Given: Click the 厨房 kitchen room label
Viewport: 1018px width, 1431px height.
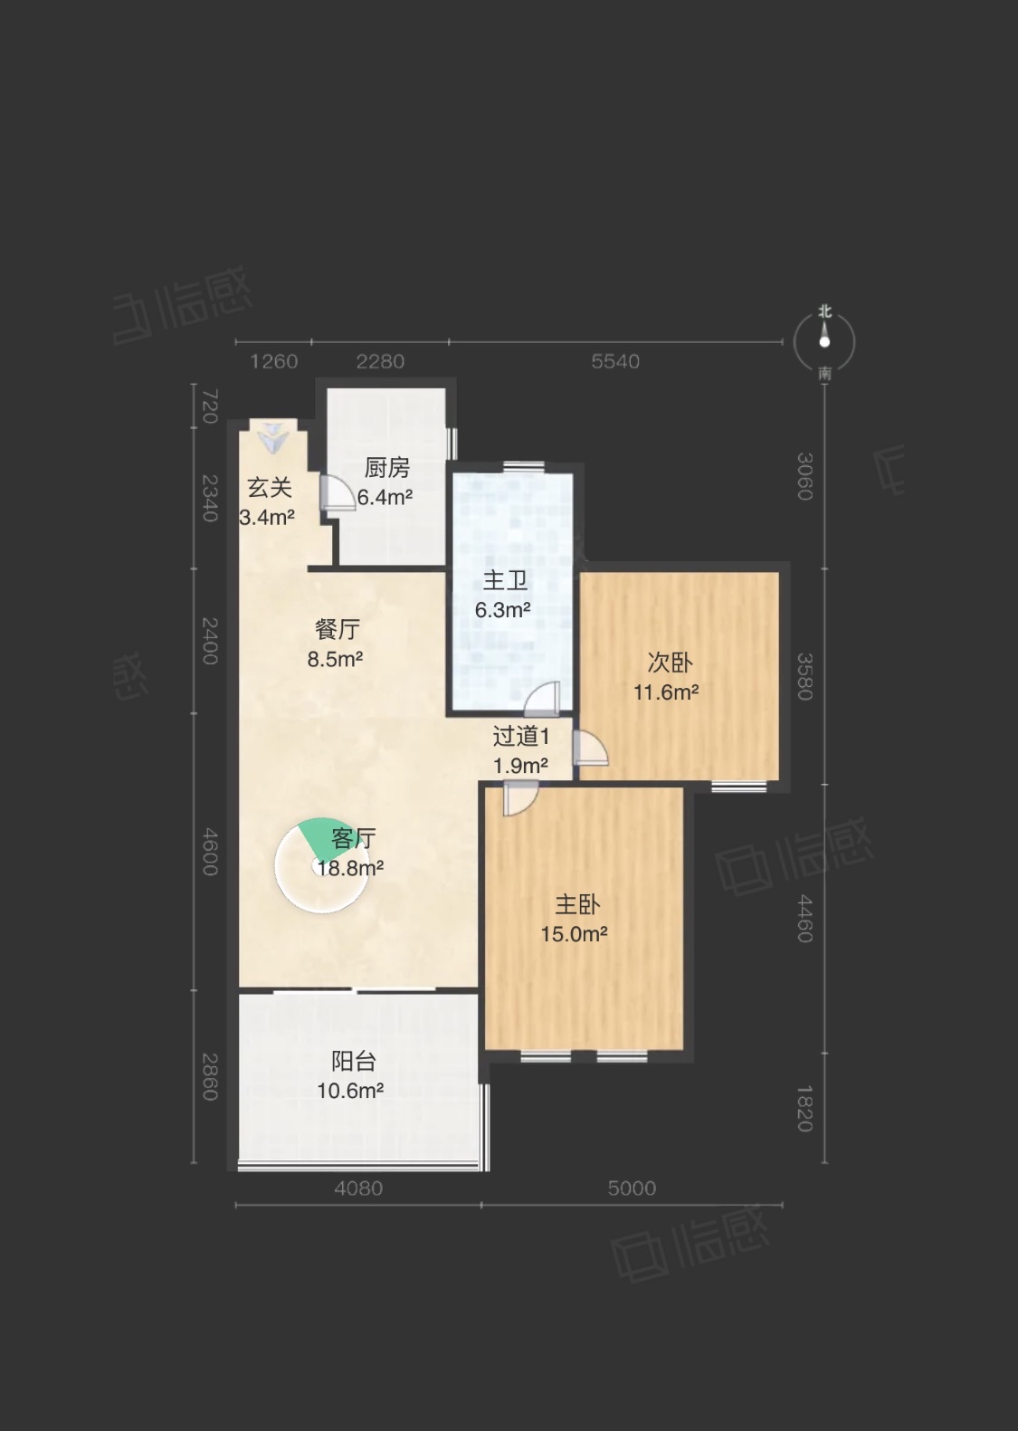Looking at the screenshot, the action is pyautogui.click(x=386, y=468).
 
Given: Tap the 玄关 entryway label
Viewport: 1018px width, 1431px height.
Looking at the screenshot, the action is pyautogui.click(x=270, y=488).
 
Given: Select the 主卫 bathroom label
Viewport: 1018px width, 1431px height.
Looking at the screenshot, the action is pyautogui.click(x=505, y=581).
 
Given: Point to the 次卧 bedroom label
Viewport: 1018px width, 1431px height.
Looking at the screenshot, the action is pyautogui.click(x=670, y=663).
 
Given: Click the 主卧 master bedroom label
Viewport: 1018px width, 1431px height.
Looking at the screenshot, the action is pyautogui.click(x=577, y=904).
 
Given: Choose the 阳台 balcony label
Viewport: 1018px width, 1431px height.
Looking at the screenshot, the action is pyautogui.click(x=353, y=1061).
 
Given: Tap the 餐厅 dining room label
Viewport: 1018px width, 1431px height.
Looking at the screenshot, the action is pyautogui.click(x=338, y=629).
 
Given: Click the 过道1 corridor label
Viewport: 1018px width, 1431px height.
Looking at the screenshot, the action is pyautogui.click(x=520, y=737).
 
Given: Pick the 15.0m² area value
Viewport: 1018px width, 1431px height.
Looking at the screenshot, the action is pyautogui.click(x=574, y=934).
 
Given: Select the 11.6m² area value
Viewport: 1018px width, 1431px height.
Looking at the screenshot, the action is pyautogui.click(x=666, y=692).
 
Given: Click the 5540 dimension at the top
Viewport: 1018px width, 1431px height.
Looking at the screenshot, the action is pyautogui.click(x=615, y=361).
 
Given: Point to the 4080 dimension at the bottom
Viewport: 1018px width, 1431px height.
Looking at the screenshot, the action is pyautogui.click(x=358, y=1188).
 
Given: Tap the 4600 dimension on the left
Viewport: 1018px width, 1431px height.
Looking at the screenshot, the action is pyautogui.click(x=210, y=852).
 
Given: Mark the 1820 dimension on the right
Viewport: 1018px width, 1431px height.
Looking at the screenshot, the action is pyautogui.click(x=804, y=1109).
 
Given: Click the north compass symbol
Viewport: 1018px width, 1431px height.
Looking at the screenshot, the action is pyautogui.click(x=824, y=342).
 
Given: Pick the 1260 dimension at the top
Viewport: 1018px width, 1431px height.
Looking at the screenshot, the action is pyautogui.click(x=273, y=361).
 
